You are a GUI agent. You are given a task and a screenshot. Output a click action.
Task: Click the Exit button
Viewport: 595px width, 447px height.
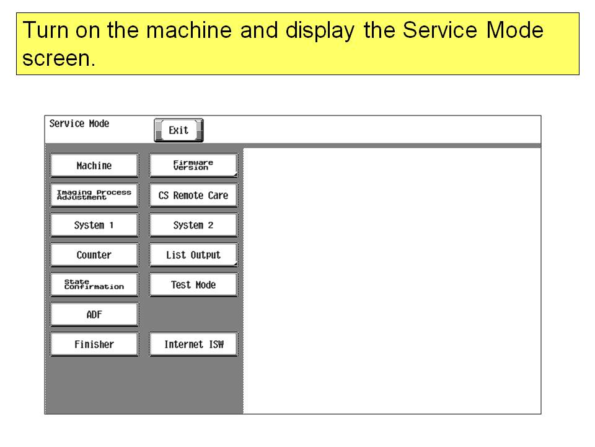coord(178,130)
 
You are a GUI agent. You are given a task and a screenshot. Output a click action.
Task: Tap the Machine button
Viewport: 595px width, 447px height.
coord(94,165)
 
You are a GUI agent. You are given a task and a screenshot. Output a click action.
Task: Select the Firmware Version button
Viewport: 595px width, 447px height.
coord(193,165)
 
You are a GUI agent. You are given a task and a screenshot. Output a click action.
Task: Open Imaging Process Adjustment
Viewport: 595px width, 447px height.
coord(94,195)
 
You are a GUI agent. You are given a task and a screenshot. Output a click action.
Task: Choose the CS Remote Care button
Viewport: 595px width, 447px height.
coord(193,195)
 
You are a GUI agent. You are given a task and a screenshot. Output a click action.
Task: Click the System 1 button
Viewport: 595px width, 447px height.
coord(94,225)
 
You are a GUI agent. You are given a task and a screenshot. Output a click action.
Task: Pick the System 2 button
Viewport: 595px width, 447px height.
coord(193,225)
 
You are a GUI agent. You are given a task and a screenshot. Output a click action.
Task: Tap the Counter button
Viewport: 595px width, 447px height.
coord(94,255)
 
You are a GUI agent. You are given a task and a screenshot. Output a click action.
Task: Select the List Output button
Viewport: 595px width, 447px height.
coord(193,255)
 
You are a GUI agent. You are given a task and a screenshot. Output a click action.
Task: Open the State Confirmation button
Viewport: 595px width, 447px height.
coord(94,284)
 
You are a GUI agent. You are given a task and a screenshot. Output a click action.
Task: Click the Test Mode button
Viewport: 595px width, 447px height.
coord(193,284)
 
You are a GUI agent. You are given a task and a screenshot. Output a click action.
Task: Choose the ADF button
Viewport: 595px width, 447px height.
coord(94,314)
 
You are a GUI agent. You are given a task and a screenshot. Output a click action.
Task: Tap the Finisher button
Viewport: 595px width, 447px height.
coord(94,344)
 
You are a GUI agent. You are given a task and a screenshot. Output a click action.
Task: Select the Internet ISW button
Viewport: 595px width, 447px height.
coord(193,344)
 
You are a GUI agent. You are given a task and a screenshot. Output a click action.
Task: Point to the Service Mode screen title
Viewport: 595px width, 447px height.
coord(79,124)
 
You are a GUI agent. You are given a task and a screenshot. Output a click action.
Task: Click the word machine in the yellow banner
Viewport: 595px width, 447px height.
coord(189,30)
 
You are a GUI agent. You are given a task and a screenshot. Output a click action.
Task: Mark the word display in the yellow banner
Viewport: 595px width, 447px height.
coord(320,31)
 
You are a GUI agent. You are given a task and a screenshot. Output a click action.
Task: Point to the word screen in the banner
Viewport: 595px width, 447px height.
coord(58,59)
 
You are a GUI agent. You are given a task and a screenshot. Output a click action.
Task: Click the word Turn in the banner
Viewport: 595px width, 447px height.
coord(45,30)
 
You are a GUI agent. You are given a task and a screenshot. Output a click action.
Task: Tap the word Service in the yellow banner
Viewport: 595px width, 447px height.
coord(440,30)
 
